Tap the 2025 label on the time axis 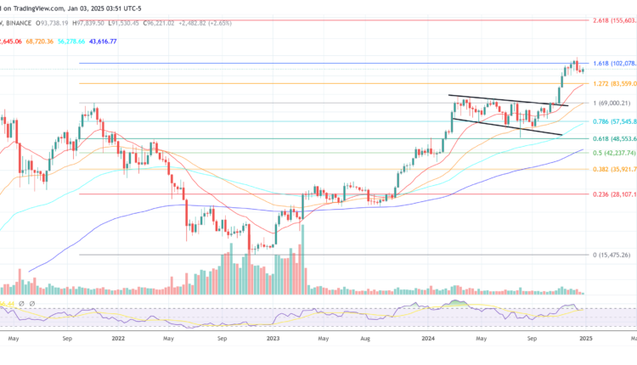584,337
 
